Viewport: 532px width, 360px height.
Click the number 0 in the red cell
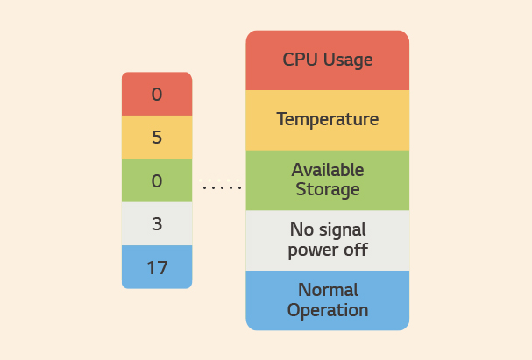(x=157, y=95)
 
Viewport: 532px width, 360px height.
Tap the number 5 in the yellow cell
(x=157, y=138)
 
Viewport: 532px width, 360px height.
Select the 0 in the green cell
(x=157, y=180)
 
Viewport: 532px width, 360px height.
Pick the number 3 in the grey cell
(x=157, y=224)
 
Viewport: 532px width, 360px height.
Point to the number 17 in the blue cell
(x=157, y=267)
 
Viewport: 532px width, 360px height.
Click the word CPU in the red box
(x=301, y=60)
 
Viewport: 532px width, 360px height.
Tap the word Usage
(x=348, y=60)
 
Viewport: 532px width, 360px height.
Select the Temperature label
(x=328, y=119)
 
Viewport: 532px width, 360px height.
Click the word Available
(x=328, y=170)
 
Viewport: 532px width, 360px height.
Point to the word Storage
(x=328, y=189)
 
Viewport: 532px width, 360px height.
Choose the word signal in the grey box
(x=341, y=230)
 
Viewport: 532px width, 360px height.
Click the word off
(x=356, y=249)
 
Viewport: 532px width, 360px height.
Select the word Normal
(x=328, y=290)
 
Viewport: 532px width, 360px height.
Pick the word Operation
(x=328, y=310)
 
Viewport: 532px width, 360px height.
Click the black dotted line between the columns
(x=222, y=187)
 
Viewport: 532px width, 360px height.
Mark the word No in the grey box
(x=301, y=229)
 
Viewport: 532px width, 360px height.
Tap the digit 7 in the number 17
(x=162, y=267)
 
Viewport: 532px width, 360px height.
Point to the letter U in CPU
(x=313, y=60)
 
